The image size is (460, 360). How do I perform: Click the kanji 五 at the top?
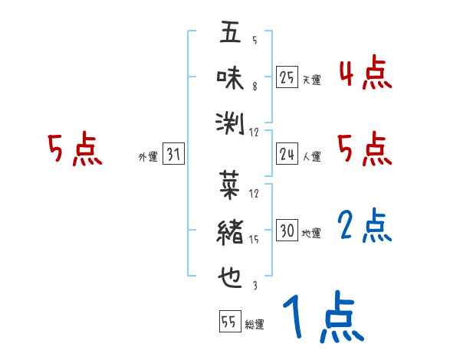pyautogui.click(x=229, y=33)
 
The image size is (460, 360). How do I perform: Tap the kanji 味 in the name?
pyautogui.click(x=229, y=77)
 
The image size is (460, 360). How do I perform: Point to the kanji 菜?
pyautogui.click(x=229, y=185)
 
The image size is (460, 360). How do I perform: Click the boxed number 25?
pyautogui.click(x=287, y=77)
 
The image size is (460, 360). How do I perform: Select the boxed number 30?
pyautogui.click(x=287, y=231)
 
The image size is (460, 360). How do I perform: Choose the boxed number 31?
pyautogui.click(x=173, y=155)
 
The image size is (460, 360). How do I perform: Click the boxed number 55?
pyautogui.click(x=228, y=322)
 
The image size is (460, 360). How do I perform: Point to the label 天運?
pyautogui.click(x=311, y=80)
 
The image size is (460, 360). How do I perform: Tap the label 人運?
pyautogui.click(x=311, y=157)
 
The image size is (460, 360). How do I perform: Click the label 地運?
pyautogui.click(x=311, y=233)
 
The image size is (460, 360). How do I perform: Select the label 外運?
pyautogui.click(x=147, y=157)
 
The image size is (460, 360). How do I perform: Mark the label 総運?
pyautogui.click(x=254, y=324)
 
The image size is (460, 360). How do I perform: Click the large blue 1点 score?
pyautogui.click(x=322, y=318)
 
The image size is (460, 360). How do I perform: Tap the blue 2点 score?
pyautogui.click(x=365, y=227)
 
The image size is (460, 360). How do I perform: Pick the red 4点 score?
pyautogui.click(x=365, y=74)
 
